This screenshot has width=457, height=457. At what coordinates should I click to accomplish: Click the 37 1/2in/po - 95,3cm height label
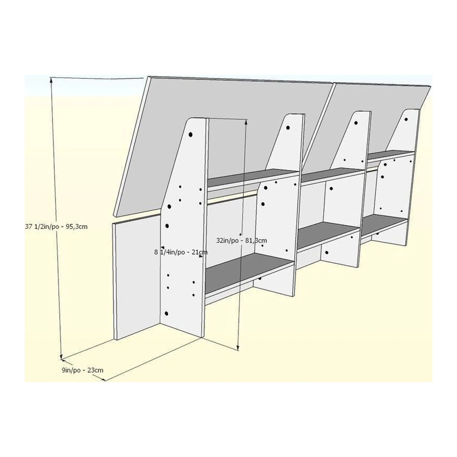pos(56,227)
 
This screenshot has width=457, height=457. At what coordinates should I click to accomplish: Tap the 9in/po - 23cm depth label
pos(83,370)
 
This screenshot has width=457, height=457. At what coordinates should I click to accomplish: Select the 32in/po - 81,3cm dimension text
pos(242,240)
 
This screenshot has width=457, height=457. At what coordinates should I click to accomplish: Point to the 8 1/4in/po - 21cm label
pos(181,252)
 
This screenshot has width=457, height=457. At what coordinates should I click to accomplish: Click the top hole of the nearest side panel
pos(191,134)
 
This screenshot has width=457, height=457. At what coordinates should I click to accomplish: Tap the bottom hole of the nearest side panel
pos(166,313)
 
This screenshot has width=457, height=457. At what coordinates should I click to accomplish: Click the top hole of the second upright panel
pos(288,128)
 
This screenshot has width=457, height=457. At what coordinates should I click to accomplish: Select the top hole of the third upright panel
pos(356,123)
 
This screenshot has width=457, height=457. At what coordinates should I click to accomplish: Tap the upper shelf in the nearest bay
pos(253,179)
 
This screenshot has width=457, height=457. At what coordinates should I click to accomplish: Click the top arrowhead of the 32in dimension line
pos(246,122)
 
